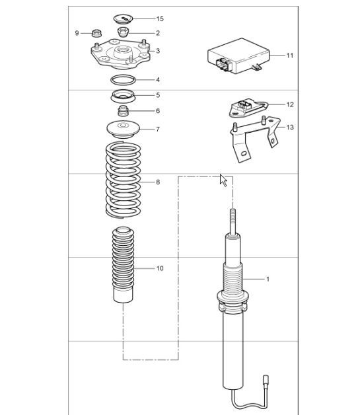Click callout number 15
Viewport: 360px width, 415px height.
point(159,19)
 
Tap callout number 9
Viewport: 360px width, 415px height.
point(77,32)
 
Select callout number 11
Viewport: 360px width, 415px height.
point(290,56)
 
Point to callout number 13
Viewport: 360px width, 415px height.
point(290,127)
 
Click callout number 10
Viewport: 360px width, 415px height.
point(159,269)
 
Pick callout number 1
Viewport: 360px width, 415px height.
point(268,280)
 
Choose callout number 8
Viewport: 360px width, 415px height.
point(157,182)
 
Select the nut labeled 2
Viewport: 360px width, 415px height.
point(123,32)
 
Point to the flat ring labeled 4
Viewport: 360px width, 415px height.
point(123,80)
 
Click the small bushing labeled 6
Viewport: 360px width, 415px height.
point(123,110)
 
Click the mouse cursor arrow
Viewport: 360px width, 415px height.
point(223,180)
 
